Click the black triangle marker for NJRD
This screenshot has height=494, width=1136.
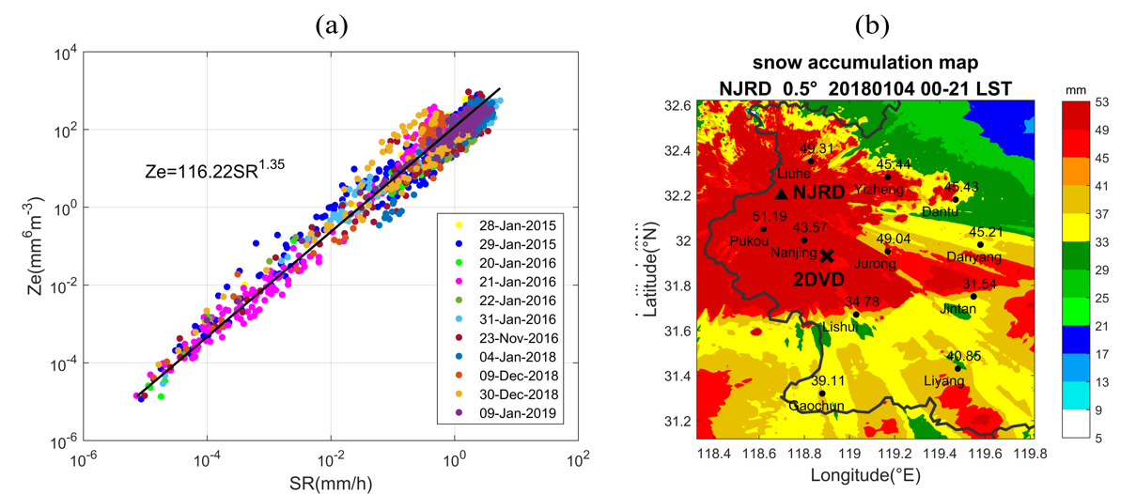[781, 193]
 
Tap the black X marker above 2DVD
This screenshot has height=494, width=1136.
[826, 255]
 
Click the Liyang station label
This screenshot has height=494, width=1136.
[945, 381]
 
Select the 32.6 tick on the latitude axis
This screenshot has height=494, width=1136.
[674, 106]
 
